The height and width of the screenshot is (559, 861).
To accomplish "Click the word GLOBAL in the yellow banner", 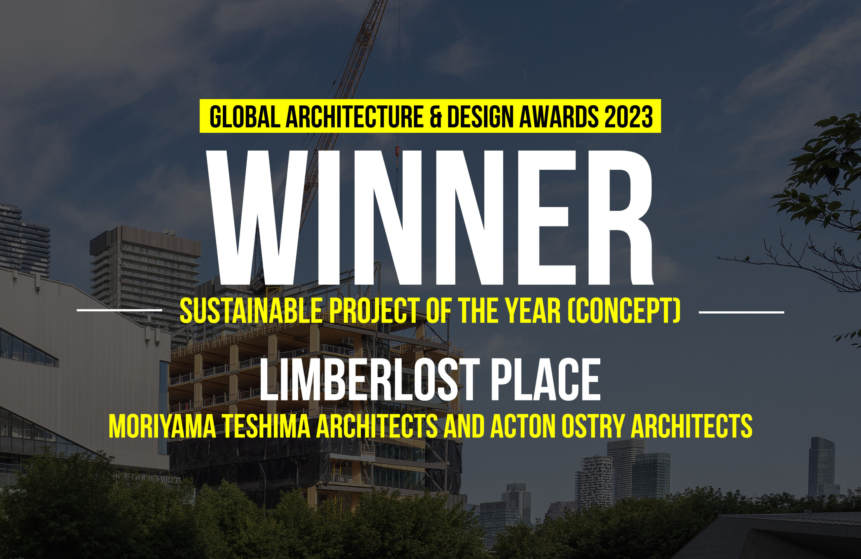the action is click(x=245, y=116).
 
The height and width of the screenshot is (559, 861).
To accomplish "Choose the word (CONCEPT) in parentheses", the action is click(x=624, y=311).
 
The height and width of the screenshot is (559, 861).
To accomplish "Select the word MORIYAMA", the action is click(x=162, y=426).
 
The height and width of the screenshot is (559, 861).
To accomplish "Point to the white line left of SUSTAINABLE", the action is click(x=119, y=310).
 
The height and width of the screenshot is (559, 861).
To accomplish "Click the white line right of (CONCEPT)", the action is click(x=742, y=312).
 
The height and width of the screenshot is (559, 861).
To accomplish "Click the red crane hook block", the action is click(x=397, y=150).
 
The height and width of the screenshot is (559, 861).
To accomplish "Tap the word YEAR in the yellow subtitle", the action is click(x=533, y=311).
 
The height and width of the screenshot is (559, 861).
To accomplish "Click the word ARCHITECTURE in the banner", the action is click(x=354, y=116).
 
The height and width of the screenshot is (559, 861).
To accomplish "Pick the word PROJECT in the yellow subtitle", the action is click(x=374, y=311).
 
